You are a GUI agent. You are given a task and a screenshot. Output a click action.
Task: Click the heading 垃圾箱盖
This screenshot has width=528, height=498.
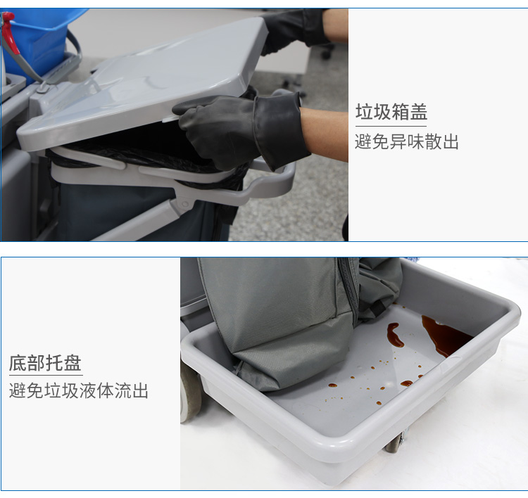(x=391, y=112)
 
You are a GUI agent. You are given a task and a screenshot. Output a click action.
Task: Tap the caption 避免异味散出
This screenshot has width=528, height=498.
(x=407, y=141)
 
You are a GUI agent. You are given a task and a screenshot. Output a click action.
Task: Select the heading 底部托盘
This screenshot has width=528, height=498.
(x=45, y=363)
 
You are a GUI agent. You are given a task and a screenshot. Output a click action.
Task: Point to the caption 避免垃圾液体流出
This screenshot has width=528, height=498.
(x=79, y=390)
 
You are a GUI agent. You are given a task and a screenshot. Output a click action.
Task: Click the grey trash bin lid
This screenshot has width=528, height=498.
(x=142, y=84)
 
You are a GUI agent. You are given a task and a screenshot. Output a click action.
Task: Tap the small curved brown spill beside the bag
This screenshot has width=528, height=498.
(x=395, y=335)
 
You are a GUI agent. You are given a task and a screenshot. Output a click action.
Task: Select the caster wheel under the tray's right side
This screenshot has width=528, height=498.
(x=395, y=443)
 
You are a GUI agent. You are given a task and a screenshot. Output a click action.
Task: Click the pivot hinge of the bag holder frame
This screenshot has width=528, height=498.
(x=184, y=204)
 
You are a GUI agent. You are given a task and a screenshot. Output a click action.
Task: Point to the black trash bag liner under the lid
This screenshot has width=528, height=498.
(x=145, y=155)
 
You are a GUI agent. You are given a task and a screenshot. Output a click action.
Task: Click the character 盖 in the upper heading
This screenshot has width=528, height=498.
(x=419, y=112)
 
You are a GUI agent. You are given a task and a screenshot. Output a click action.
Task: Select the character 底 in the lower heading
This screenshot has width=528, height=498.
(x=18, y=363)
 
